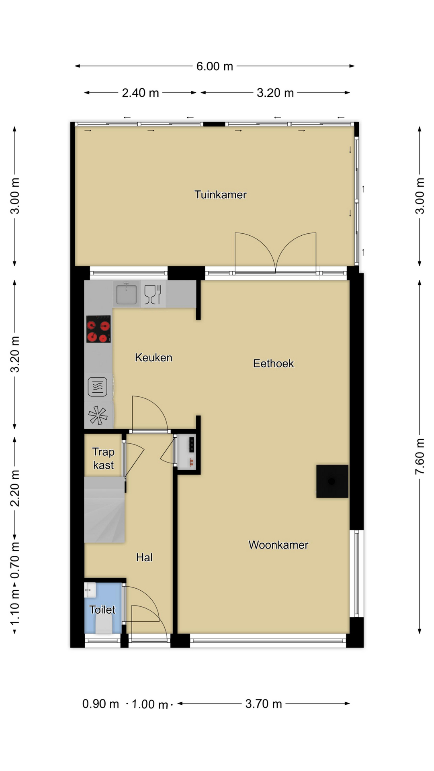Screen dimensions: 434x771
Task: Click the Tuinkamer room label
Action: tap(220, 195)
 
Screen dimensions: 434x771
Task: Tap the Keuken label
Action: tap(154, 357)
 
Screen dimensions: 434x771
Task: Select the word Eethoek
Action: tap(273, 363)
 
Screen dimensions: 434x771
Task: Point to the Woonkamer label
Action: tap(278, 545)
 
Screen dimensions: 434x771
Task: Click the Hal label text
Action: tap(144, 557)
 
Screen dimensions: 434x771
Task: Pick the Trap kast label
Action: tap(103, 458)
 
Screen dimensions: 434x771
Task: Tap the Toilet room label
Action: tap(102, 610)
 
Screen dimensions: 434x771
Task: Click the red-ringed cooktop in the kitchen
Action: tap(98, 329)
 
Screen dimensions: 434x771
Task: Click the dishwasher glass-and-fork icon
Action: tap(153, 294)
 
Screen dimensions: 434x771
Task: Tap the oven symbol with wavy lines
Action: tap(97, 387)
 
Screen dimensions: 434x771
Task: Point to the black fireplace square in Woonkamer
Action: tap(332, 481)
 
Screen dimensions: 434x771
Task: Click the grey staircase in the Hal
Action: tap(104, 510)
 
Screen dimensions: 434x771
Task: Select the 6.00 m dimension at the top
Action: tap(215, 66)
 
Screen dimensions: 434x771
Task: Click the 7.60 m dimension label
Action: tap(420, 457)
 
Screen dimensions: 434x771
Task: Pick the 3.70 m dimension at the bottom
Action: tap(264, 704)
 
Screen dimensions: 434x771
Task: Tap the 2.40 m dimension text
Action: tap(140, 93)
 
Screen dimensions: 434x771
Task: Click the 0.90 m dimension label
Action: tap(100, 704)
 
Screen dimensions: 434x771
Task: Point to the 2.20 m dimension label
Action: tap(15, 488)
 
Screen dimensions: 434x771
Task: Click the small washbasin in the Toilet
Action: tap(90, 590)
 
